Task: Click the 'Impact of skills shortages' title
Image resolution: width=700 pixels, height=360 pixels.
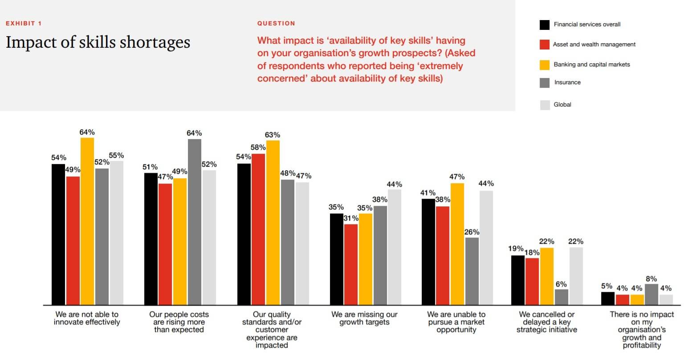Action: tap(98, 42)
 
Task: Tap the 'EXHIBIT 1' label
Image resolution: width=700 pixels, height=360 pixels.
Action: tap(24, 23)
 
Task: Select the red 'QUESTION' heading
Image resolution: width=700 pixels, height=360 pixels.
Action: tap(276, 23)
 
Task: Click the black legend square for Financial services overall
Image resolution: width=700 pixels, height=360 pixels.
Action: tap(545, 25)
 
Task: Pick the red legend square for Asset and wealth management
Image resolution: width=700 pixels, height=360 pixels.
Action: tap(545, 45)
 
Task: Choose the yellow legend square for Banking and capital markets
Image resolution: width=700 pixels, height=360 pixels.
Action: tap(545, 65)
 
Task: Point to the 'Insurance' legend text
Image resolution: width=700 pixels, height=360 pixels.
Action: tap(567, 82)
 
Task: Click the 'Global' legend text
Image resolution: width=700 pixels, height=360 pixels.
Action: tap(562, 105)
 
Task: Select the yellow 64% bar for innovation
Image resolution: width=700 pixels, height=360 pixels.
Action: tap(87, 221)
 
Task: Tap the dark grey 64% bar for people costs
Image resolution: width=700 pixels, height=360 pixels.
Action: tap(195, 222)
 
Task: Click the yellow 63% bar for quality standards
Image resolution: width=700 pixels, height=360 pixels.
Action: tap(273, 222)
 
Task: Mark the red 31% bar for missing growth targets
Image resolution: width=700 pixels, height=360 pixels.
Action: tap(351, 264)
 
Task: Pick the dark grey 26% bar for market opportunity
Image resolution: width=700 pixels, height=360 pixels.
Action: tap(472, 271)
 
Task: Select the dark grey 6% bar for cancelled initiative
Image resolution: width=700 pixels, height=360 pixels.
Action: tap(562, 297)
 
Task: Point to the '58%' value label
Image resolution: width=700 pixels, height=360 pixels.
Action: tap(258, 147)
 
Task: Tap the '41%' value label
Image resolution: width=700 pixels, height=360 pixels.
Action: tap(428, 193)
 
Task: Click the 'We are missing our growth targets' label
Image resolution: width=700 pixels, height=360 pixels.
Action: tap(364, 318)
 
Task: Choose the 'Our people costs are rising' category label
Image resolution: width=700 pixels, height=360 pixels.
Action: tap(179, 322)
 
